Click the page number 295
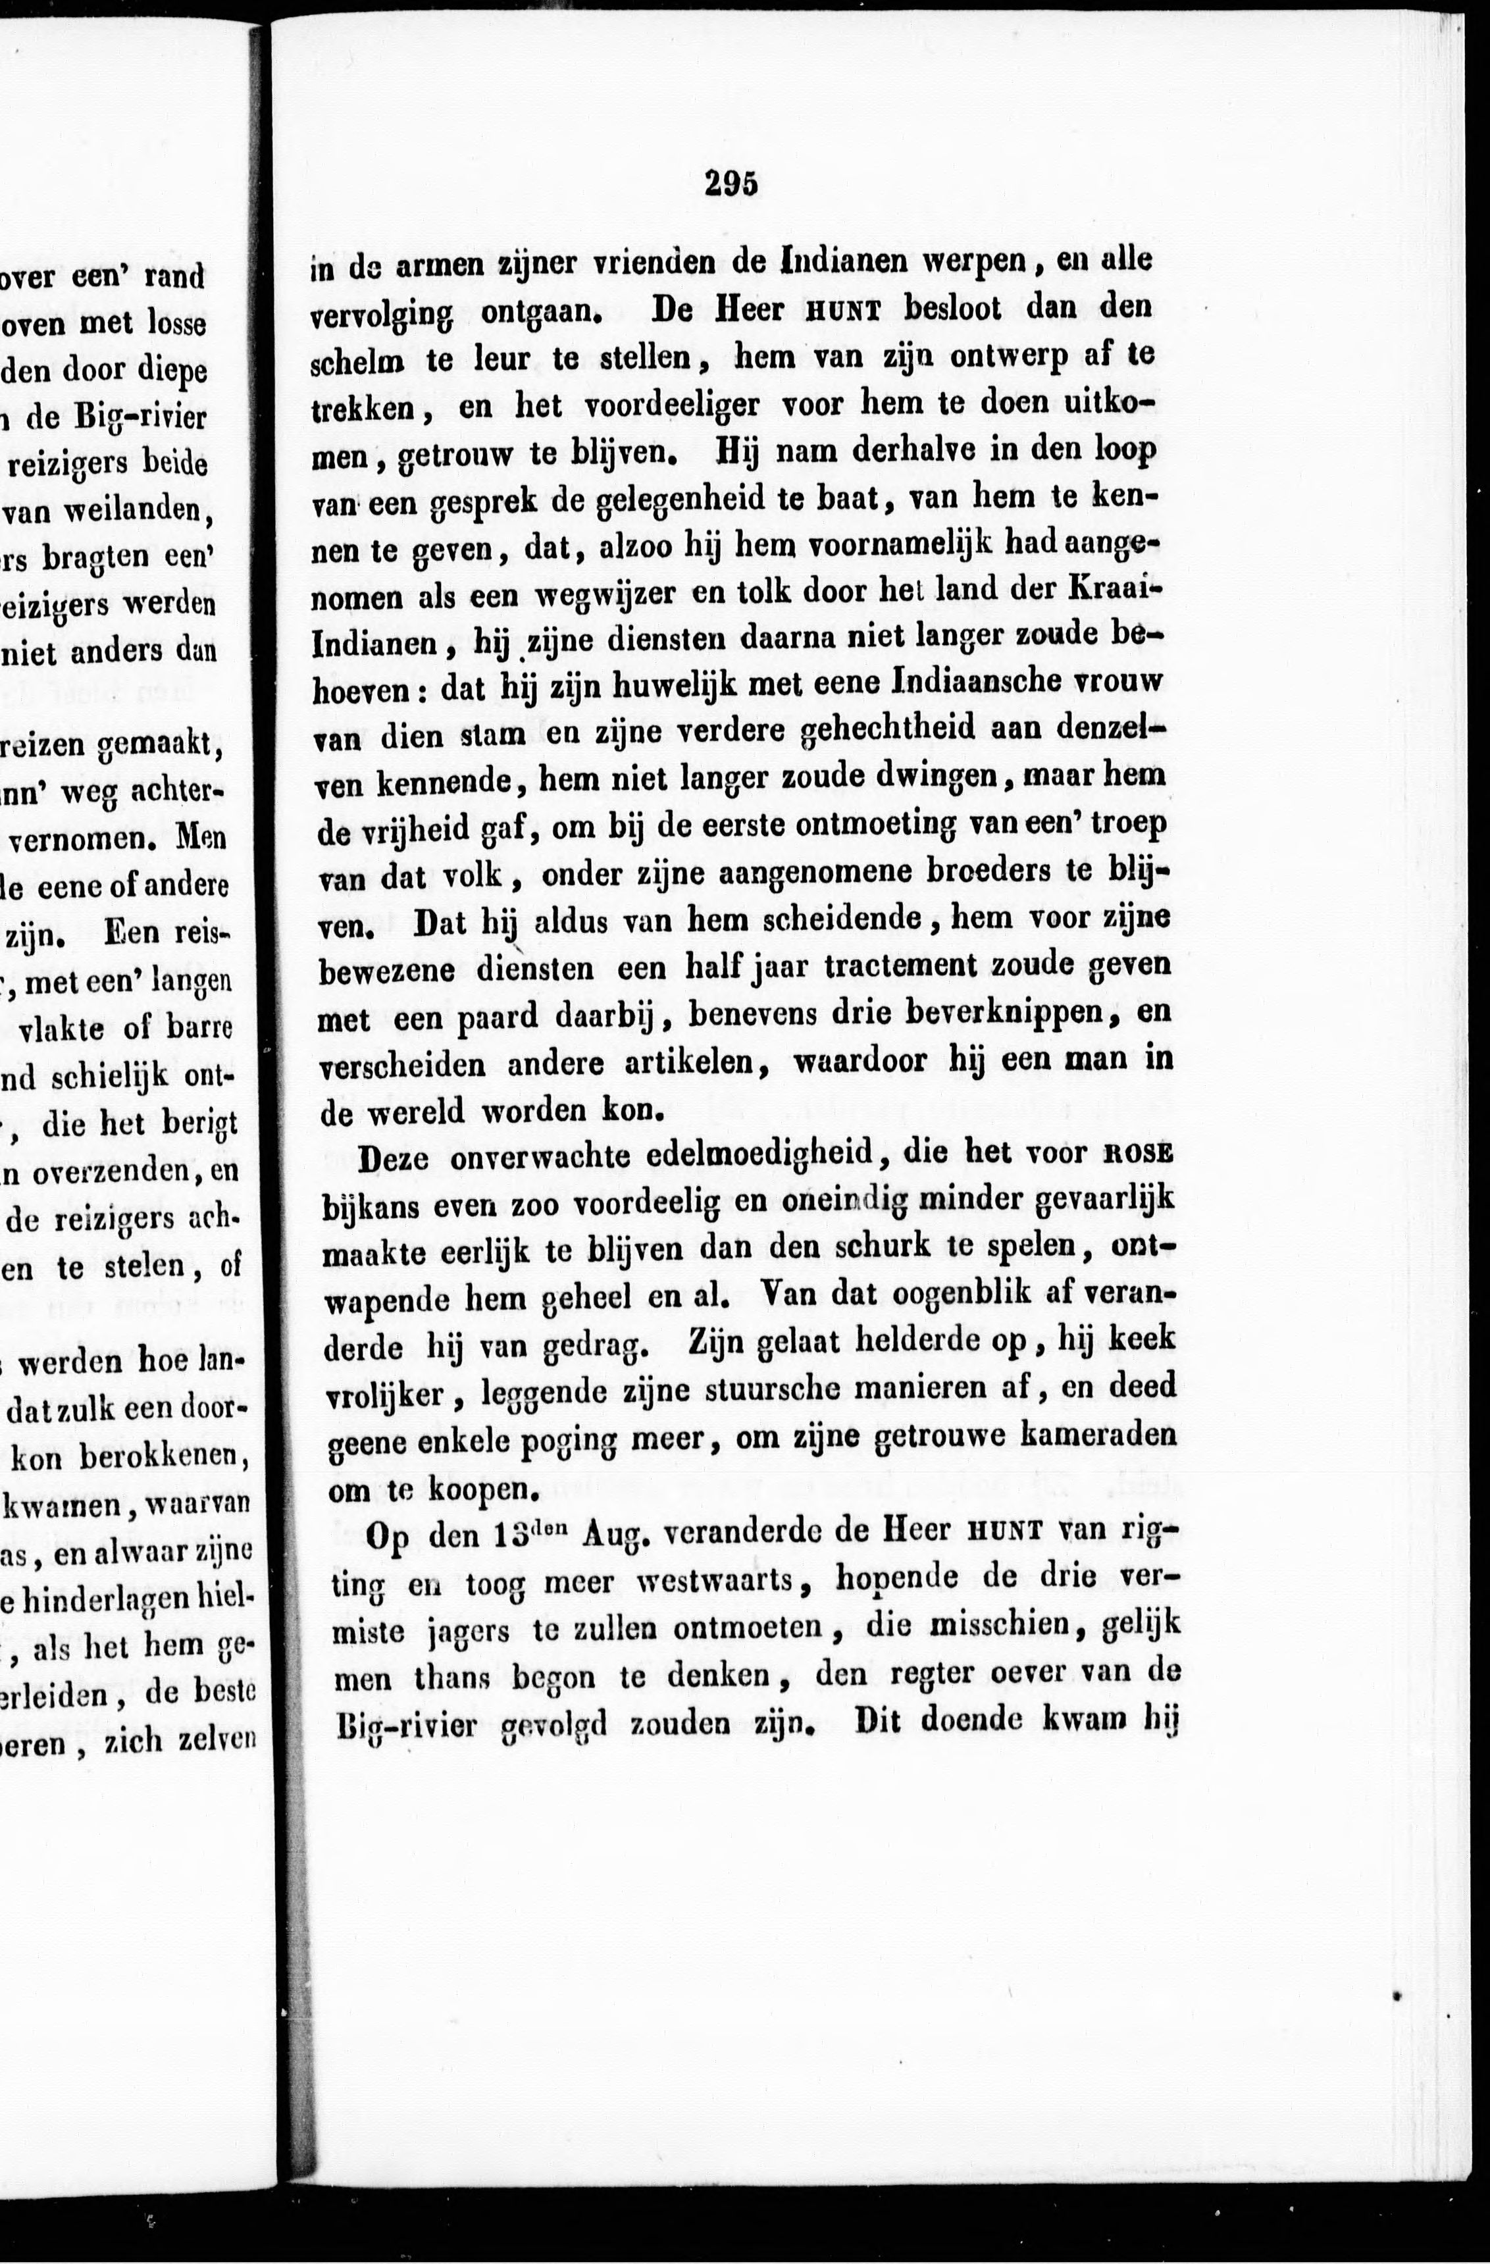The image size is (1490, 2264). pos(731,183)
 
